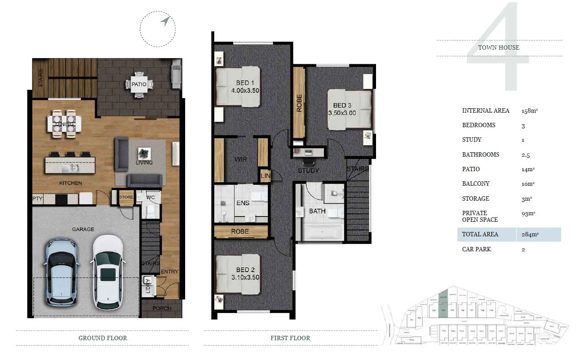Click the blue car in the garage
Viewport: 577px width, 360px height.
point(62,272)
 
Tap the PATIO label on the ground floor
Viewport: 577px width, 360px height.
point(139,84)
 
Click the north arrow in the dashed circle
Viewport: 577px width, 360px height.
point(165,21)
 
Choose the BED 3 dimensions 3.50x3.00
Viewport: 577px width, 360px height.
point(342,113)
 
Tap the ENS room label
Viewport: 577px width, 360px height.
point(243,203)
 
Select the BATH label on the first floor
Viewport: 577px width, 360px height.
point(317,211)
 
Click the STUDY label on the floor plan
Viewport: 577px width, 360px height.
point(308,171)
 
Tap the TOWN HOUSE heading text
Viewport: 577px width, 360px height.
point(499,48)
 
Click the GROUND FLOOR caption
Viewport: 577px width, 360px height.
point(102,338)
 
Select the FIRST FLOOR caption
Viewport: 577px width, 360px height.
point(290,338)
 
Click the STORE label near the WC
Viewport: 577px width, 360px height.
point(126,197)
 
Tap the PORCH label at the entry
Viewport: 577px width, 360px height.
point(162,308)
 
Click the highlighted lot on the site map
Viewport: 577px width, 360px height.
point(443,299)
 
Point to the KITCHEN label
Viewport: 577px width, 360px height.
point(70,183)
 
